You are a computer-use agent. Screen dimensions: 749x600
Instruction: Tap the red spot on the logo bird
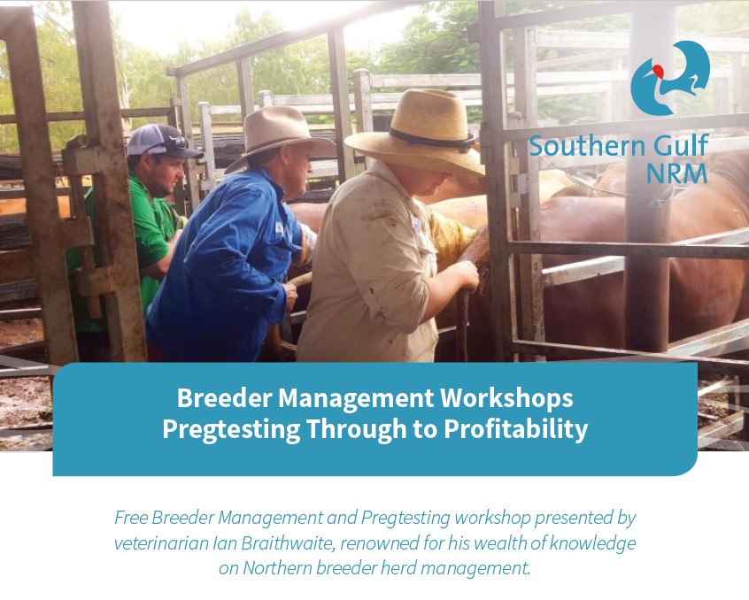click(x=660, y=71)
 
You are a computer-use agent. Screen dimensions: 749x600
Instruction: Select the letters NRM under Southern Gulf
click(x=676, y=173)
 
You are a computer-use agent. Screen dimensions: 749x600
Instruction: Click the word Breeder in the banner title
click(x=224, y=397)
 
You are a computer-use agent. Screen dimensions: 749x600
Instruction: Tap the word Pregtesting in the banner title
click(x=231, y=428)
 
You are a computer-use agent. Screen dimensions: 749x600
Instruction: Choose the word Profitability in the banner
click(x=516, y=428)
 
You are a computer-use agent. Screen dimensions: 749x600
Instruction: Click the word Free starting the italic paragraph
click(x=131, y=518)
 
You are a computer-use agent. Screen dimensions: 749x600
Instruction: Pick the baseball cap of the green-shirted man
click(x=161, y=142)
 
